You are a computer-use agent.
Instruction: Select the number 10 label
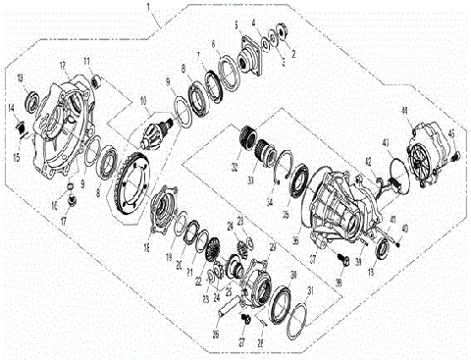(142, 100)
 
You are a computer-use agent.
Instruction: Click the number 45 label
(452, 134)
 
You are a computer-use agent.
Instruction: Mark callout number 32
(233, 169)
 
